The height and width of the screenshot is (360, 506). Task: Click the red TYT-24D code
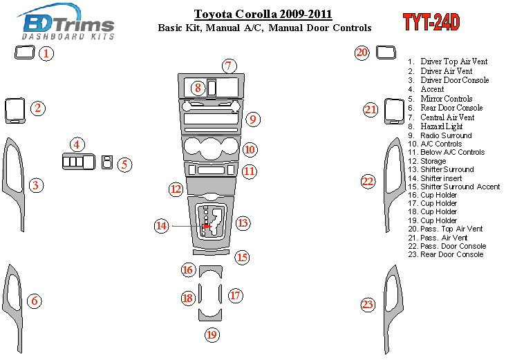click(x=431, y=22)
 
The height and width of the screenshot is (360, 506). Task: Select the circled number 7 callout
click(x=229, y=66)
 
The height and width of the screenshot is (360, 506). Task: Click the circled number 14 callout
click(x=162, y=225)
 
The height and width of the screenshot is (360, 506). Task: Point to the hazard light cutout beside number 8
click(x=212, y=88)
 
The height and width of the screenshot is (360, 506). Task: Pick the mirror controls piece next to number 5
click(x=107, y=162)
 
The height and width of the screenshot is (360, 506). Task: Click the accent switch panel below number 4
click(x=79, y=162)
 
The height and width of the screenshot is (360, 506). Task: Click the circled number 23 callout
click(x=368, y=305)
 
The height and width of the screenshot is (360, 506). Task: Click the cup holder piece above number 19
click(x=210, y=316)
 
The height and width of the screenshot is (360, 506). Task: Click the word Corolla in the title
click(x=256, y=15)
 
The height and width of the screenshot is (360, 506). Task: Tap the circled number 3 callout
click(x=36, y=185)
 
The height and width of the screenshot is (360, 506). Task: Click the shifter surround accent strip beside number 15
click(x=212, y=252)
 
